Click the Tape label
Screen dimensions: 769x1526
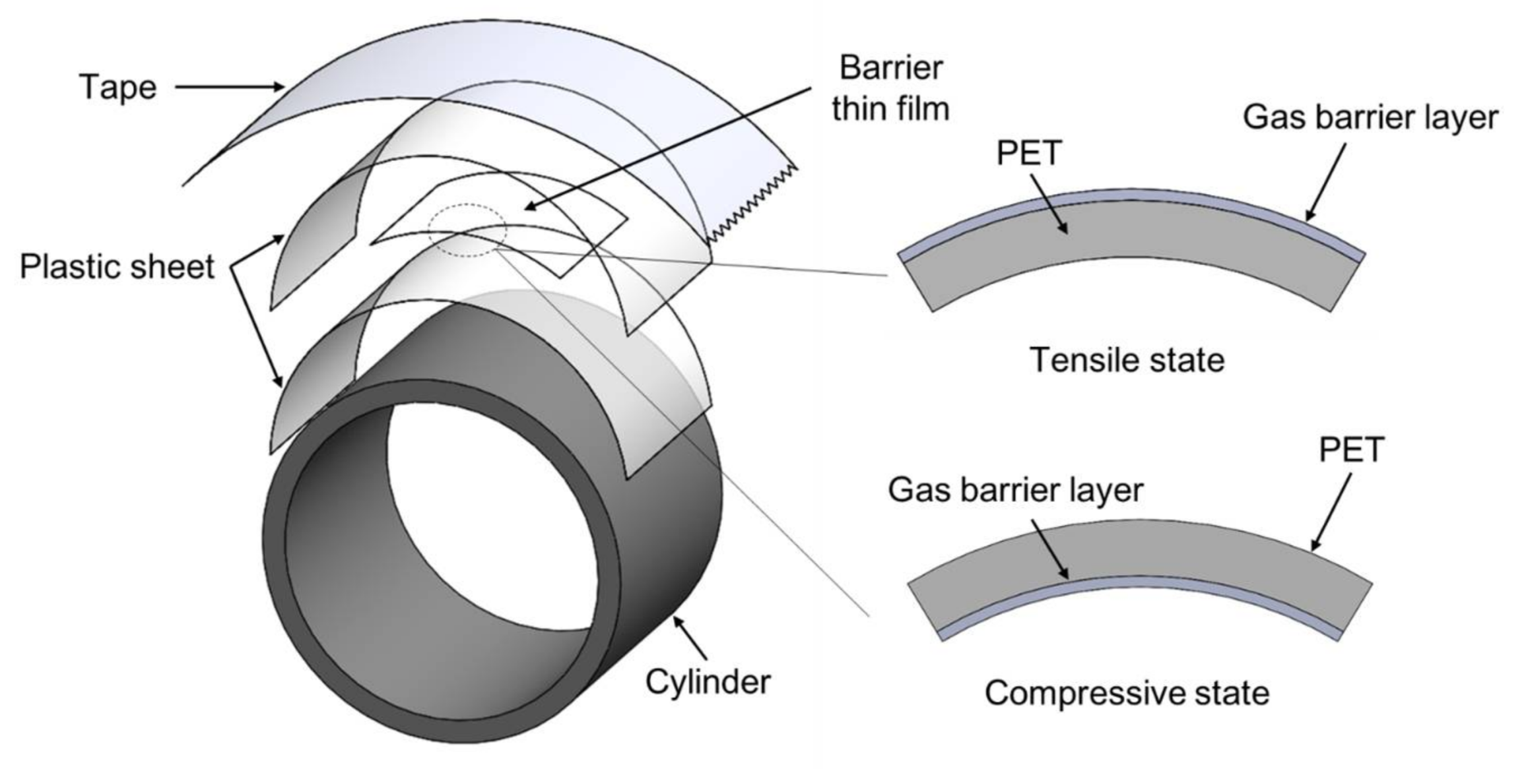(x=118, y=87)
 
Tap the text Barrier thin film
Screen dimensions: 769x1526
(x=890, y=88)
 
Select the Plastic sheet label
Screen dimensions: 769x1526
(x=117, y=267)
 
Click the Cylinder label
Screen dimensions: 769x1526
(x=708, y=681)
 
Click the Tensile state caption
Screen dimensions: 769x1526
(x=1127, y=360)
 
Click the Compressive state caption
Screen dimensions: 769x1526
(x=1127, y=693)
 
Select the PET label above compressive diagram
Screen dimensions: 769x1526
(x=1350, y=450)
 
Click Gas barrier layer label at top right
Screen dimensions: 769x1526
(x=1370, y=118)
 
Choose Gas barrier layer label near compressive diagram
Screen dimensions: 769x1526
(x=1015, y=490)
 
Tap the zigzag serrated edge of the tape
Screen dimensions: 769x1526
(x=752, y=204)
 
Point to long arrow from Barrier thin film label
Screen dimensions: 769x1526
(x=667, y=149)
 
